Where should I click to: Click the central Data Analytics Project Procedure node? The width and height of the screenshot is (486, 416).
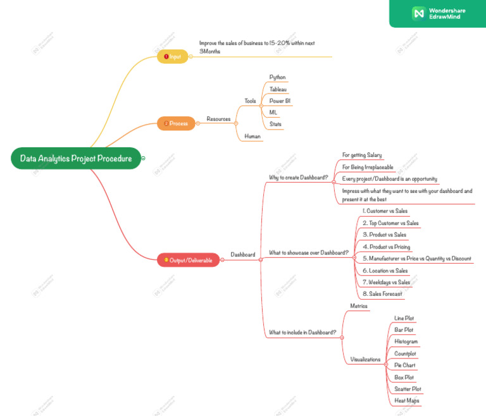point(75,158)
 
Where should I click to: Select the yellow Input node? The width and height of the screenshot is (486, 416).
point(173,57)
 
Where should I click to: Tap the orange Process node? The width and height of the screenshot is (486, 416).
point(176,123)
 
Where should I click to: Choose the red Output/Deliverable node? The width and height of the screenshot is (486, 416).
point(189,260)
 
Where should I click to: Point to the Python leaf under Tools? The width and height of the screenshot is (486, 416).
point(277,77)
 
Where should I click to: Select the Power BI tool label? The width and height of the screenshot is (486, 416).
point(280,101)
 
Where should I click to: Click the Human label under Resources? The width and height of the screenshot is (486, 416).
point(252,136)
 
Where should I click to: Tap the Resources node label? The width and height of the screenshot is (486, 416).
point(218,119)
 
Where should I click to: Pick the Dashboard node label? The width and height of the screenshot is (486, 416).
point(242,255)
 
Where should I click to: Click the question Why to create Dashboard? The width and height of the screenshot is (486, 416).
point(299,178)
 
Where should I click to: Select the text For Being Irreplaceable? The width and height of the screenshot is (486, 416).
point(368,167)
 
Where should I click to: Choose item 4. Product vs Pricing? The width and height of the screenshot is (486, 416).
point(386,247)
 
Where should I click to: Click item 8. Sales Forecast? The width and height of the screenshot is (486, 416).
point(382,294)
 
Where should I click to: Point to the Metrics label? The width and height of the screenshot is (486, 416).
point(359,306)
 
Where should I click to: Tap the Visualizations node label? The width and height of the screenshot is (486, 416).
point(365,359)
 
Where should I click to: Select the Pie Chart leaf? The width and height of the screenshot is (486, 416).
point(404,365)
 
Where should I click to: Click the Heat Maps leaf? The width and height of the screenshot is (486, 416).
point(406,400)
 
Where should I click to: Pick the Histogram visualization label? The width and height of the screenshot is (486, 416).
point(406,341)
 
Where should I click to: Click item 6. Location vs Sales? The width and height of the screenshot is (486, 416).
point(385,271)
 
